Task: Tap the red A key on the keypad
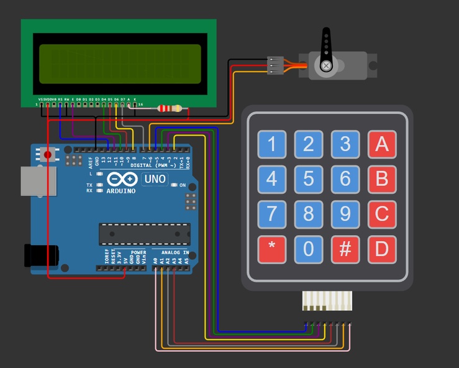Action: [x=381, y=144]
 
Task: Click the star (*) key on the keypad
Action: [x=271, y=249]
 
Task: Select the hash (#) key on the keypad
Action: [x=345, y=249]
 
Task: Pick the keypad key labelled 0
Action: [x=308, y=249]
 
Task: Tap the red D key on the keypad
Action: [x=381, y=249]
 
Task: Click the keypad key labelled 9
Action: [x=345, y=214]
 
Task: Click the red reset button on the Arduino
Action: [x=48, y=154]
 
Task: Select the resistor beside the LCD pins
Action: [x=170, y=109]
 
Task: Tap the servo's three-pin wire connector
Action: [x=275, y=65]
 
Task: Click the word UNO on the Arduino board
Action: [x=155, y=179]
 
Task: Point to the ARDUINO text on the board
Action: [x=120, y=191]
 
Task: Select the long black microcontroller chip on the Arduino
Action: [x=144, y=233]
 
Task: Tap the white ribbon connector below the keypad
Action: [x=326, y=301]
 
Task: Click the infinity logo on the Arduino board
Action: [x=122, y=179]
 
